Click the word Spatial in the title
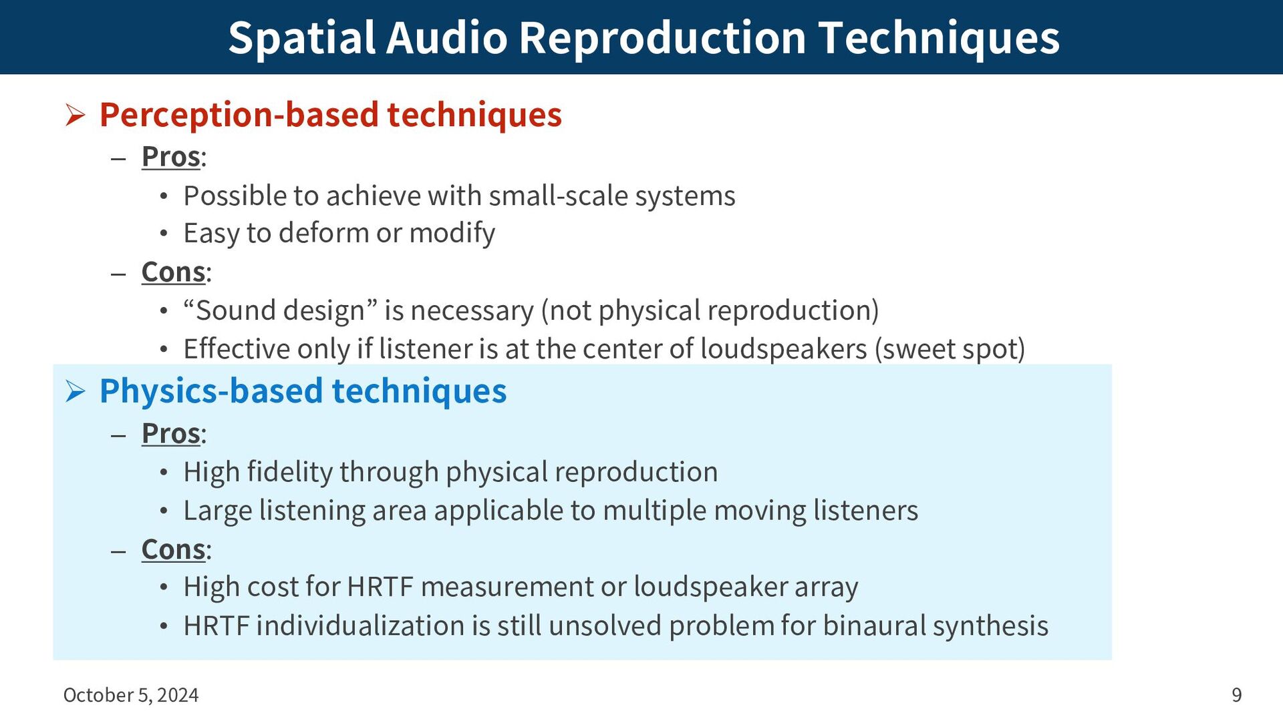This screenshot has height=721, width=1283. pos(301,38)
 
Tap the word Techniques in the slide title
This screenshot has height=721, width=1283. pos(939,38)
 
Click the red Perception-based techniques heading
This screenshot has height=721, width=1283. pos(331,115)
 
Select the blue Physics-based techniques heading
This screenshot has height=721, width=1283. pos(303,391)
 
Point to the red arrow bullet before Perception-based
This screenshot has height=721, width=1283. pos(76,115)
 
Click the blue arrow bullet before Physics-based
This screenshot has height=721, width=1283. pos(76,392)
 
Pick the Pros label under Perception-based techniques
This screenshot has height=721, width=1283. pos(171,158)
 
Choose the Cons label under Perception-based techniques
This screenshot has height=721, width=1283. pos(174,272)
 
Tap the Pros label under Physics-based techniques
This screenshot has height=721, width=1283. pos(171,434)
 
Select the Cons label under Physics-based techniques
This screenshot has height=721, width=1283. pos(174,550)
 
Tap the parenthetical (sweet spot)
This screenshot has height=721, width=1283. pos(950,350)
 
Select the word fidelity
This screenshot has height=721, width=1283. pos(290,473)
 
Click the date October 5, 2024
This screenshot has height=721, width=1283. pos(131,696)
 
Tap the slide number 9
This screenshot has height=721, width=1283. pos(1237,696)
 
